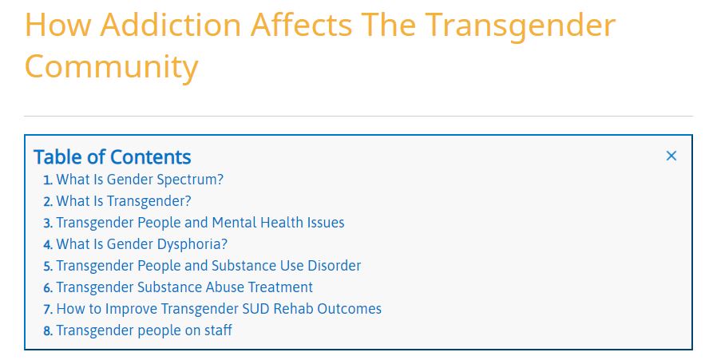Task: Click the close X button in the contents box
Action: [671, 156]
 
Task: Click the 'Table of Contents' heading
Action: [113, 157]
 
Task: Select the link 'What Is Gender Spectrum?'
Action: [140, 180]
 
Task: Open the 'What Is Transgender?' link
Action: [124, 201]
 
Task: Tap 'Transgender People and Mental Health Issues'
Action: [200, 223]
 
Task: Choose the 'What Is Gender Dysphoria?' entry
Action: [142, 244]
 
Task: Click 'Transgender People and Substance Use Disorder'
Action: [208, 266]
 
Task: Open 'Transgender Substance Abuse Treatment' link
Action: [184, 287]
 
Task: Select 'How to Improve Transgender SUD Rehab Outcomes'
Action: [219, 309]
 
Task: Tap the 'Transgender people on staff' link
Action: [145, 330]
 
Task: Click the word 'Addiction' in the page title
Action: [171, 25]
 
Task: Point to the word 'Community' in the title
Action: [112, 66]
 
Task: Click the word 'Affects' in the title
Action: [301, 25]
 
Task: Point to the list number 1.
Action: [48, 180]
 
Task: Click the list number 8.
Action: [48, 331]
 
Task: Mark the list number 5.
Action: [48, 267]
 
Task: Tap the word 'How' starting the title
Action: [57, 25]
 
